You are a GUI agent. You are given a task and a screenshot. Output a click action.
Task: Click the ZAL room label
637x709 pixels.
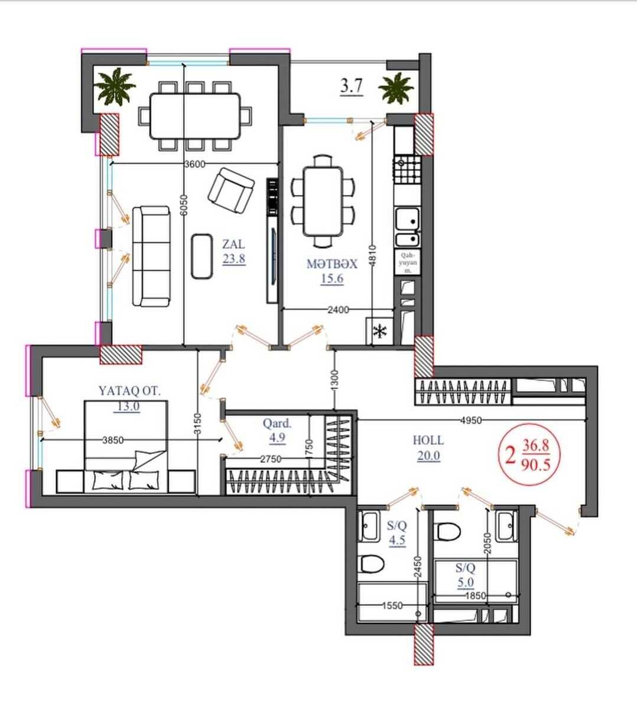coord(234,244)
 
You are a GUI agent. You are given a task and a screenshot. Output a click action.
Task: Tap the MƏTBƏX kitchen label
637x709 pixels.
coord(332,264)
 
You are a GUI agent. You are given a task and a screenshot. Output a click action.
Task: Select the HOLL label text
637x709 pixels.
coord(428,440)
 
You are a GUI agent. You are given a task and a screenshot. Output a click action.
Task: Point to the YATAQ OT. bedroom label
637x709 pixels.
coord(129,391)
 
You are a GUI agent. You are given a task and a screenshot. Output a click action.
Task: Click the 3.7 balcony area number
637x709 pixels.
coord(352,86)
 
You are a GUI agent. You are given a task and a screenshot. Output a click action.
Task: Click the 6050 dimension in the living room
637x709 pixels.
coord(184,205)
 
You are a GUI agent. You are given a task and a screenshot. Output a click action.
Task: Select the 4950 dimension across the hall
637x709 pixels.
coord(471,420)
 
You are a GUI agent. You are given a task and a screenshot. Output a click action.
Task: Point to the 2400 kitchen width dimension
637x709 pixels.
coord(339,310)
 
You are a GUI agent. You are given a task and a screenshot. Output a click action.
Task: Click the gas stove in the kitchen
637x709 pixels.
coord(407,170)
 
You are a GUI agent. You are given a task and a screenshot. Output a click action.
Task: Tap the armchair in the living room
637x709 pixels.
coord(231,190)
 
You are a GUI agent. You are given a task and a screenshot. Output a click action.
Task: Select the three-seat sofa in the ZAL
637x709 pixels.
coord(151,256)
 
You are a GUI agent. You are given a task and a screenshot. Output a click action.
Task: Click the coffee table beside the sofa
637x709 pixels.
coord(202,256)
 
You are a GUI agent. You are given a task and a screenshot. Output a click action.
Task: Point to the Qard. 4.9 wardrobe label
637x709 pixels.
coord(277,431)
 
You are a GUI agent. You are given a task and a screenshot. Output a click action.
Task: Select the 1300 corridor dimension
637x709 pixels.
coord(334,380)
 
